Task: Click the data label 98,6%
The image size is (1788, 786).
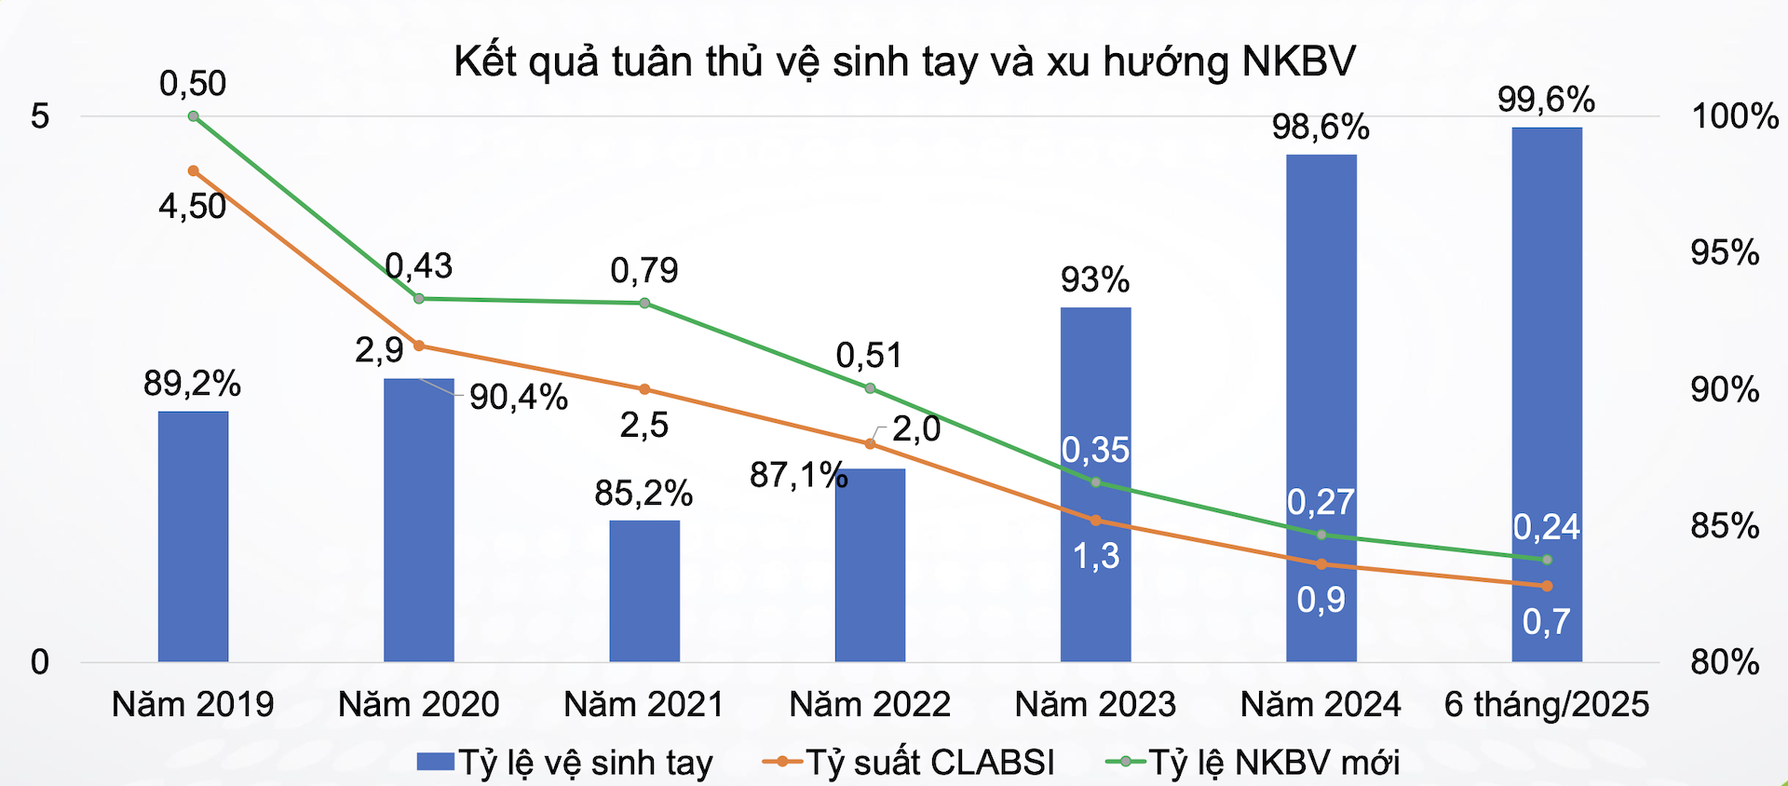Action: tap(1321, 127)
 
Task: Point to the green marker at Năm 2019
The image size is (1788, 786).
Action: tap(194, 116)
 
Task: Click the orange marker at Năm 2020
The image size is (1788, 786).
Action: tap(419, 346)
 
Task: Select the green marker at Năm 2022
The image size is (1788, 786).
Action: tap(870, 388)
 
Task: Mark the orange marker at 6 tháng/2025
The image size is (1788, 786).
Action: tap(1547, 586)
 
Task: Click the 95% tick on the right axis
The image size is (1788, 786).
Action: tap(1725, 252)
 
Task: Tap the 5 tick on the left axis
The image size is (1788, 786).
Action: tap(40, 116)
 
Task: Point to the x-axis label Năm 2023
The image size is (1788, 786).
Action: tap(1095, 704)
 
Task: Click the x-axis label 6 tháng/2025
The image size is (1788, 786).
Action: tap(1546, 704)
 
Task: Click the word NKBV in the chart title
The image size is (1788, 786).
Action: tap(1298, 61)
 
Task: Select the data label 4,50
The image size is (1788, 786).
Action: tap(193, 206)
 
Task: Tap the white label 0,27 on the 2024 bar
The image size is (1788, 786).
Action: tap(1321, 502)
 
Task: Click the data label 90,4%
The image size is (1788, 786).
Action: tap(519, 398)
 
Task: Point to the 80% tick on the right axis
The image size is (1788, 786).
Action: tap(1725, 662)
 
